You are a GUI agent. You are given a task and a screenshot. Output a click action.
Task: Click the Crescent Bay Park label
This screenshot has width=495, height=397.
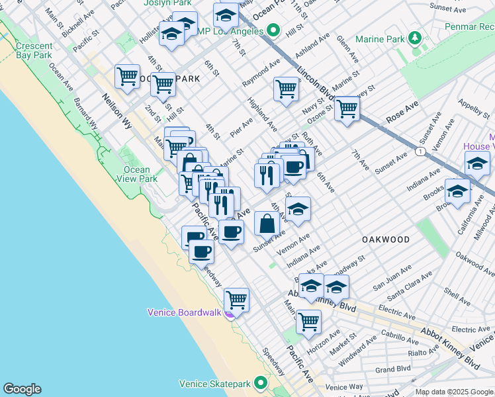pos(34,51)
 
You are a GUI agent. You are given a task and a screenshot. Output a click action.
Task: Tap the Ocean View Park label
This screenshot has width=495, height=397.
pos(136,174)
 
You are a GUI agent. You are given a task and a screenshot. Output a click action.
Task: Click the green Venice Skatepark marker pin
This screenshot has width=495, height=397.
pos(263,383)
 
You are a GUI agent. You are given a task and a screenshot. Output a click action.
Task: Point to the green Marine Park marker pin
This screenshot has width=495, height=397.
pos(415,38)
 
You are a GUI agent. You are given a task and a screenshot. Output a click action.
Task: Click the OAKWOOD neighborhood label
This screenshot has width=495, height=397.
pos(386,239)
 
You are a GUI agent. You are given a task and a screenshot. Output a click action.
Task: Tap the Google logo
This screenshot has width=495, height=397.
pos(22,389)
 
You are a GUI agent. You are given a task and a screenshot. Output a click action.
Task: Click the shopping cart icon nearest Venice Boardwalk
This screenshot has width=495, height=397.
pos(236,299)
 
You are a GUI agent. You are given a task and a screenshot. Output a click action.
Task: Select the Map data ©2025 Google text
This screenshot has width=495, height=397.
pos(453,391)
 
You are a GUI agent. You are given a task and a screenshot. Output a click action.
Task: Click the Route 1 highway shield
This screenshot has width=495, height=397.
pos(421,152)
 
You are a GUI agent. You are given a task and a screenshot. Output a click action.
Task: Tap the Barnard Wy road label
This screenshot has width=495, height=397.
pos(86,114)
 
